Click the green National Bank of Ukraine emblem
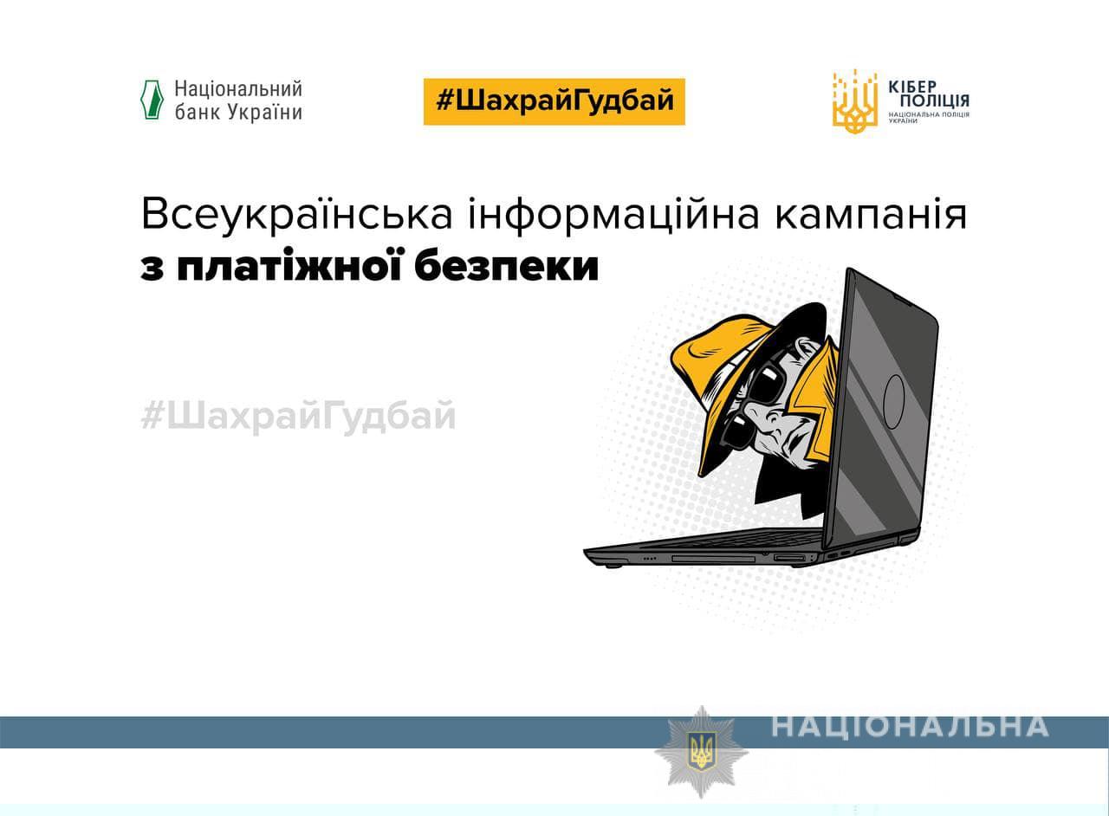(152, 100)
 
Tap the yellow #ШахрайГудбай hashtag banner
(554, 101)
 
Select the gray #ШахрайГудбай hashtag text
(298, 417)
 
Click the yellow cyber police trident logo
(855, 102)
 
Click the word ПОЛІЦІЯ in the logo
(934, 101)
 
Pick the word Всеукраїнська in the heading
(296, 215)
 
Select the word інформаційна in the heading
(614, 216)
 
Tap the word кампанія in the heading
(871, 217)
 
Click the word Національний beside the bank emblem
(238, 89)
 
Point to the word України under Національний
(265, 113)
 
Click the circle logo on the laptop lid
(893, 401)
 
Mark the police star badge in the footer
(701, 751)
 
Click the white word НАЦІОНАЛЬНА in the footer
(910, 727)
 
